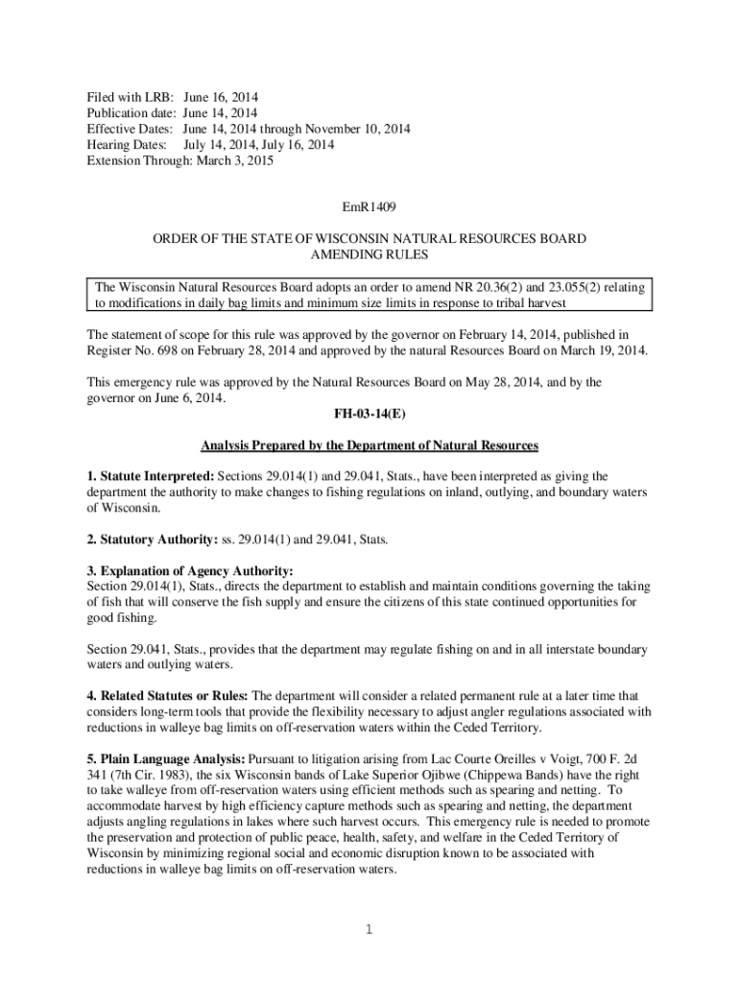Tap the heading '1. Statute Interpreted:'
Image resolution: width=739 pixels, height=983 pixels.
[x=151, y=476]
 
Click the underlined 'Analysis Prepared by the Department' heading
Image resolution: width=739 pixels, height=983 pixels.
[x=369, y=446]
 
